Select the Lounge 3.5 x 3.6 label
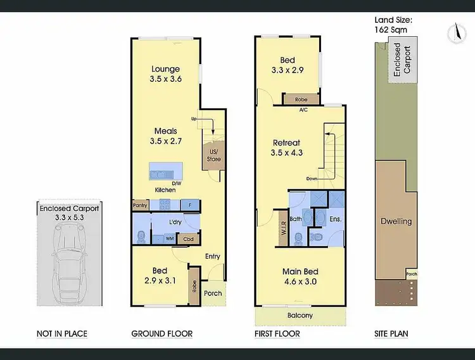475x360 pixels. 165,74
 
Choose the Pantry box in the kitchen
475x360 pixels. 140,205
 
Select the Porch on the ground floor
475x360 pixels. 213,293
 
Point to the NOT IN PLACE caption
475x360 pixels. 62,333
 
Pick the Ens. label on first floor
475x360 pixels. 335,220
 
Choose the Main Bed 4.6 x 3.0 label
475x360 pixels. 300,276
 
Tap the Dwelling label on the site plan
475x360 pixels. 396,221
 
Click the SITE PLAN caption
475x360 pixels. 391,333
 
